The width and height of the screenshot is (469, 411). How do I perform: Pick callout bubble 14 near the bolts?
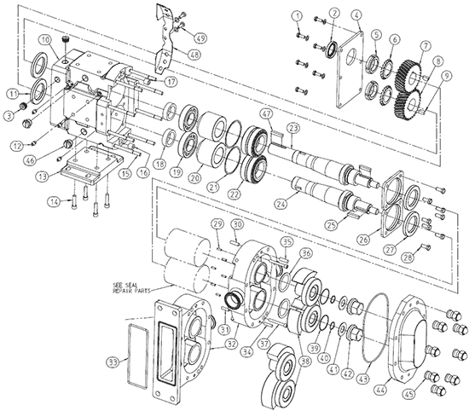pyautogui.click(x=54, y=201)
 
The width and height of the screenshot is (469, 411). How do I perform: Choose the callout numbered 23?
pyautogui.click(x=292, y=129)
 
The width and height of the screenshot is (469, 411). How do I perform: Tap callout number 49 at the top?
pyautogui.click(x=200, y=38)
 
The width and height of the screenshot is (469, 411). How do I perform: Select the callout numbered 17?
pyautogui.click(x=171, y=82)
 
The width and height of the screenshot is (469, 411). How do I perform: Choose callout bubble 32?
pyautogui.click(x=229, y=344)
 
